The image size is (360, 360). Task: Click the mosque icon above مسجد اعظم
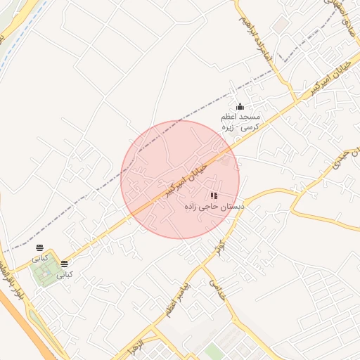click(240, 106)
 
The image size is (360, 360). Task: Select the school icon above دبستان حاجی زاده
click(214, 195)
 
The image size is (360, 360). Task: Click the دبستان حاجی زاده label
click(214, 207)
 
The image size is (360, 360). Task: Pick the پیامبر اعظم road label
click(182, 300)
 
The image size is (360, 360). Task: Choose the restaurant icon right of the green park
click(64, 264)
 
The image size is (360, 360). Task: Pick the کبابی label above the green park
click(39, 258)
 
